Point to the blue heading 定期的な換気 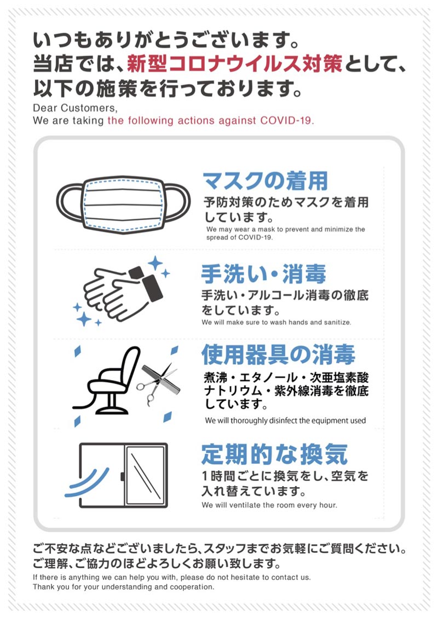274,453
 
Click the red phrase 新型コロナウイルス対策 234,64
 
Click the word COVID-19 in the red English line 287,121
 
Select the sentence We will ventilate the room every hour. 269,505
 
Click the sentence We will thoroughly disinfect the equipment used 285,421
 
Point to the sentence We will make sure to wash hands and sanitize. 276,322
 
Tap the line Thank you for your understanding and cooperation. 123,587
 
